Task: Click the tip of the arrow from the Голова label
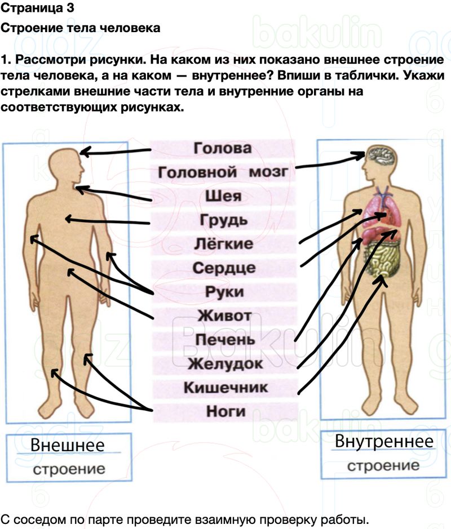(81, 153)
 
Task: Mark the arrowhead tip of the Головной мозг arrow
(365, 154)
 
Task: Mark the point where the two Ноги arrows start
(152, 410)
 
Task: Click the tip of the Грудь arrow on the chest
(66, 219)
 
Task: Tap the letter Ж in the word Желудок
(196, 364)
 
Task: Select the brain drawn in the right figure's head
(382, 156)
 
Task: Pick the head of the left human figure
(66, 166)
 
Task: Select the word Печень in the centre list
(225, 340)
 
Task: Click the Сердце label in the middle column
(224, 268)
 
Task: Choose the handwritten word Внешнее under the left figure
(68, 445)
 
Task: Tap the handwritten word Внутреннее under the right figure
(384, 442)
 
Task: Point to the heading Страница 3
(37, 8)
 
